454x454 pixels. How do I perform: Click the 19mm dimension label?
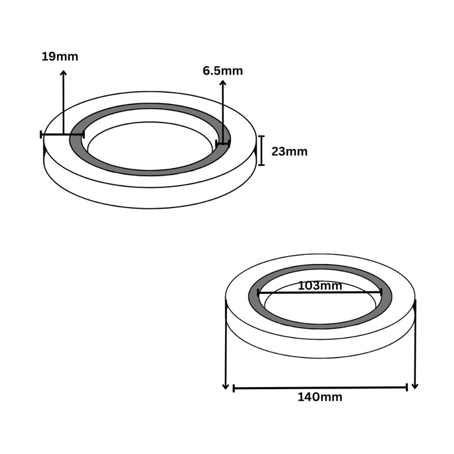coord(60,56)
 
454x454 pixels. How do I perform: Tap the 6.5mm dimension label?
coord(222,71)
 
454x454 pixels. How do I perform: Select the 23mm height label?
coord(289,152)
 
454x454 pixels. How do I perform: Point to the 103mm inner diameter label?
coord(320,286)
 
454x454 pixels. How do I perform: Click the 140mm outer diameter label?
coord(320,397)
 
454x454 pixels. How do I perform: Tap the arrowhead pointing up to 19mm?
coord(64,73)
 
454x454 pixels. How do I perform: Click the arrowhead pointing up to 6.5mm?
coord(222,83)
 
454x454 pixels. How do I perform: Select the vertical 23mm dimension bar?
coord(261,150)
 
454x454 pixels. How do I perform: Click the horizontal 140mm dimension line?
coord(320,388)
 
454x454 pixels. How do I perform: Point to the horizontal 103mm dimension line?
coord(320,293)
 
